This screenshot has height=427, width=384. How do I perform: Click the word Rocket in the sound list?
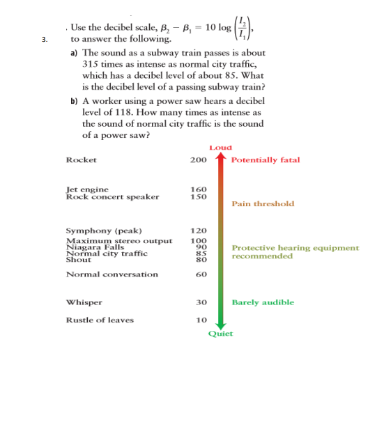pyautogui.click(x=81, y=160)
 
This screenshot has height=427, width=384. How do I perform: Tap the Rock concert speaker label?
pyautogui.click(x=112, y=196)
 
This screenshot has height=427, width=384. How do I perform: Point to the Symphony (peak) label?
pyautogui.click(x=104, y=231)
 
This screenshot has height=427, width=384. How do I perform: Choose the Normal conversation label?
pyautogui.click(x=112, y=274)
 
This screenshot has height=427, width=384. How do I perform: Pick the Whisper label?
pyautogui.click(x=84, y=303)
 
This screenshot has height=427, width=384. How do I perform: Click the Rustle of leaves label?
pyautogui.click(x=99, y=320)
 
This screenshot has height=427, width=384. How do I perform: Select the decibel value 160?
pyautogui.click(x=199, y=189)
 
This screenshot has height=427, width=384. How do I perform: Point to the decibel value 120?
pyautogui.click(x=199, y=231)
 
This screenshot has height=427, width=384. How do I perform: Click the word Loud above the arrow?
pyautogui.click(x=220, y=148)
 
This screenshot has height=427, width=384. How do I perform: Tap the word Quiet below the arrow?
pyautogui.click(x=220, y=334)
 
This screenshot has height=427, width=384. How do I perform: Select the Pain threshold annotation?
pyautogui.click(x=263, y=204)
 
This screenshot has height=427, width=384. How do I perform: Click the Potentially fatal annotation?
pyautogui.click(x=266, y=160)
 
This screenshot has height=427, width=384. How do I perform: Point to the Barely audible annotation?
pyautogui.click(x=263, y=303)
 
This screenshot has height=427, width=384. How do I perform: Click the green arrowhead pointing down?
pyautogui.click(x=220, y=323)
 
